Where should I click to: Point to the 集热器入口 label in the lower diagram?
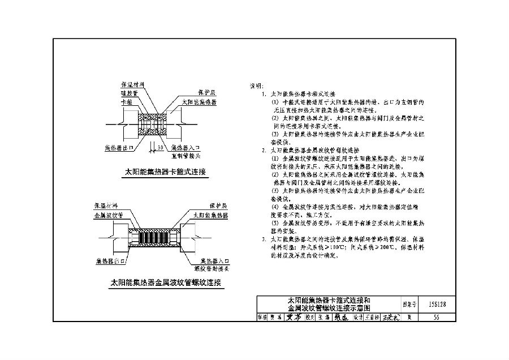(204, 261)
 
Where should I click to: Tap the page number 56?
(436, 318)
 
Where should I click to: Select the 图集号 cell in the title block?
(409, 304)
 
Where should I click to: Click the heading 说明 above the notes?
(256, 86)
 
